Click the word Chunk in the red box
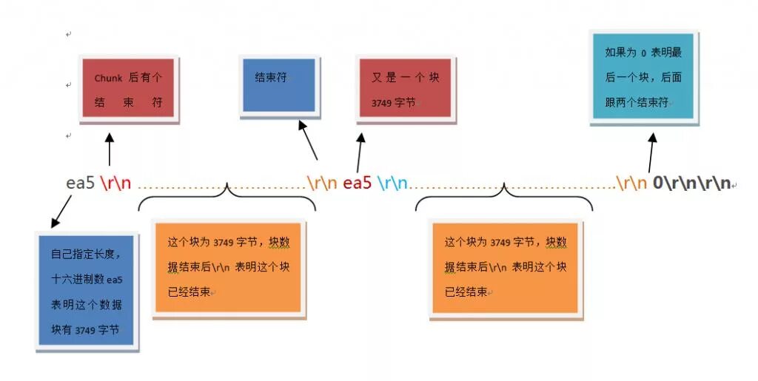108,78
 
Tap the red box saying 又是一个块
403,87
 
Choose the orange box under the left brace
228,267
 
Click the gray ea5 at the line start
81,183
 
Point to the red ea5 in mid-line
357,183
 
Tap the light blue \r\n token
392,183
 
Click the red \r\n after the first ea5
115,183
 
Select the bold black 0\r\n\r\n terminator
691,183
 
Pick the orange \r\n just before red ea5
323,183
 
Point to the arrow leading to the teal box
651,152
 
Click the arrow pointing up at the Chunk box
110,149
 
